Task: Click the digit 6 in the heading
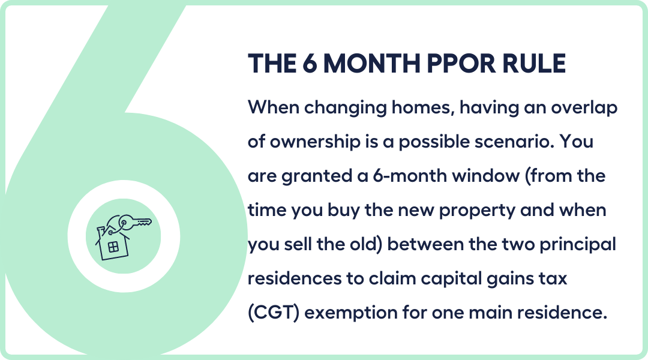310,64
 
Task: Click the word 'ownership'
315,142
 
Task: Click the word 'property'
477,211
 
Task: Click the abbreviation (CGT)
274,313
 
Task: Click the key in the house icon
135,223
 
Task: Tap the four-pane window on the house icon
113,247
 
